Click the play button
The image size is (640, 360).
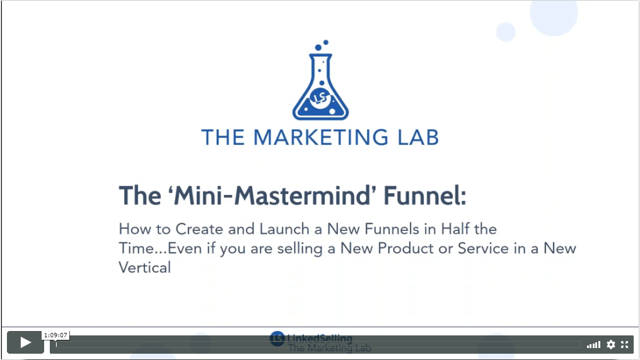(25, 342)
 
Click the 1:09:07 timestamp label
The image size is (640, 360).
(55, 335)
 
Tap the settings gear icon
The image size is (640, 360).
(610, 344)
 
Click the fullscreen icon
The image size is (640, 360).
(624, 344)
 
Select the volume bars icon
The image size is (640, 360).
(593, 345)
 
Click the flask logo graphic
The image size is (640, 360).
(320, 80)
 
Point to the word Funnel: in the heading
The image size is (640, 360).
(425, 196)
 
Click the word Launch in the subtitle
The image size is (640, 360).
(285, 229)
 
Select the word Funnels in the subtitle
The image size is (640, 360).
(392, 229)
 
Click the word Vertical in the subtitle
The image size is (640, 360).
(144, 268)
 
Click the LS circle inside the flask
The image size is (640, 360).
(320, 98)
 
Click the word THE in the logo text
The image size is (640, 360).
(223, 137)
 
